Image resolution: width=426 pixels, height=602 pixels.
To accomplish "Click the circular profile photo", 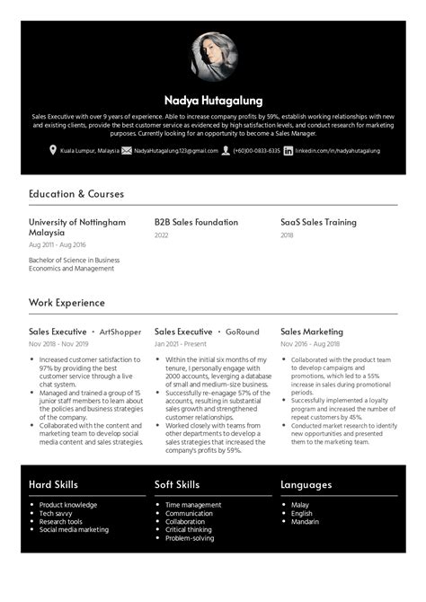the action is point(213,58).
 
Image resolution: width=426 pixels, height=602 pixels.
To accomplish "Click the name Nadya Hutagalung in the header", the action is point(213,101).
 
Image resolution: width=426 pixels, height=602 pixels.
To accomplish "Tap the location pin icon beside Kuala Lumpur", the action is point(54,151).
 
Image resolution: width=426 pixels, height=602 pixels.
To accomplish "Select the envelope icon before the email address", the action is point(127,151).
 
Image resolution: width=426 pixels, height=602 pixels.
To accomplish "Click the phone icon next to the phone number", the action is point(226,151).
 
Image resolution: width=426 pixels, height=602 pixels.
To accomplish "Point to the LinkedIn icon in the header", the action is point(288,151).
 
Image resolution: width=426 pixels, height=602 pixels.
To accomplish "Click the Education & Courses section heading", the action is point(76,193).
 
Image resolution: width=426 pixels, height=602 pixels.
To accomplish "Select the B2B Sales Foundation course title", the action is point(196,222).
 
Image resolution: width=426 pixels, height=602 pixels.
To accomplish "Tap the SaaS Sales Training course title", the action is point(318,222).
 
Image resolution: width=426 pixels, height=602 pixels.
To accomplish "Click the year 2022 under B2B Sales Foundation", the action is point(162,235).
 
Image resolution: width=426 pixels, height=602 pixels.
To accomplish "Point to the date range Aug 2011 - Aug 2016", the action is point(58,244).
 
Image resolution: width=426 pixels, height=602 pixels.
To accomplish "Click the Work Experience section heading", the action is point(67,303).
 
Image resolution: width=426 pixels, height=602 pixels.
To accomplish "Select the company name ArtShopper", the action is point(120,332).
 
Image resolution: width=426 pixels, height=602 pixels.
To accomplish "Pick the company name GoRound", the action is point(242,332).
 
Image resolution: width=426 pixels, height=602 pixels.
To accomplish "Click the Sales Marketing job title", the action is point(312,332).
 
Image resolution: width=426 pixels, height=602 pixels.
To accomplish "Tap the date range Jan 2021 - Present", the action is point(181,344).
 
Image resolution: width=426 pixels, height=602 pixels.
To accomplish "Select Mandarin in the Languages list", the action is point(305,521).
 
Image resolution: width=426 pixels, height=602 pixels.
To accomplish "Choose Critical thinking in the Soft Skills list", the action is point(190,529).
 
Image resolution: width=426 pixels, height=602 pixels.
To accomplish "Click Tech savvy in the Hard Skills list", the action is point(57,513).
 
